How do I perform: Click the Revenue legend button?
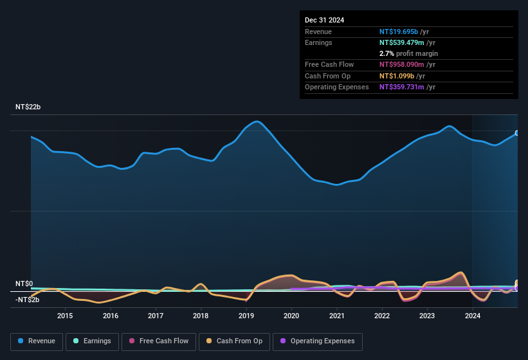[x=37, y=341]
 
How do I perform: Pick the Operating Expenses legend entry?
[x=318, y=341]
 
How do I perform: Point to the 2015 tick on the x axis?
[x=65, y=316]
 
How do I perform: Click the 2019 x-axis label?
[x=246, y=316]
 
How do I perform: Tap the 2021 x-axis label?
[x=336, y=316]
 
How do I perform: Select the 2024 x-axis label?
[x=473, y=316]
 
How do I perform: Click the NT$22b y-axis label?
[x=28, y=107]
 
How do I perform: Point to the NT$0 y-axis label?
[x=24, y=283]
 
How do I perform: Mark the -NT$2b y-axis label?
[x=28, y=300]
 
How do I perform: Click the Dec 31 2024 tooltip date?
[x=324, y=20]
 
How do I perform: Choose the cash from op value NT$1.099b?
[x=401, y=76]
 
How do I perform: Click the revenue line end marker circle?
[x=517, y=134]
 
